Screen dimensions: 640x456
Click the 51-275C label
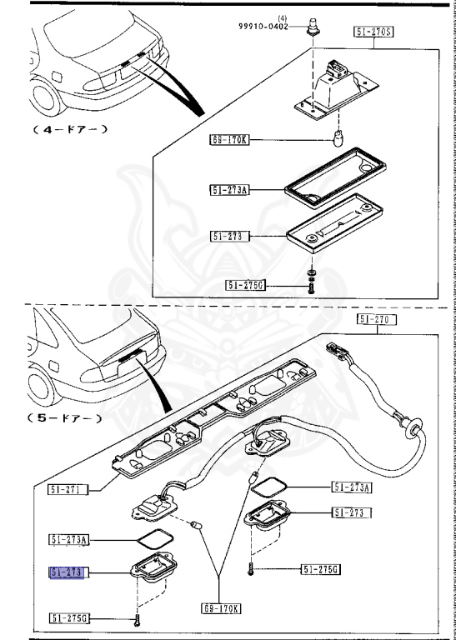click(x=245, y=285)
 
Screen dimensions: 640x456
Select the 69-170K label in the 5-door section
click(x=221, y=609)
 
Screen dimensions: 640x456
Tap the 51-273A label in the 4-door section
click(x=230, y=190)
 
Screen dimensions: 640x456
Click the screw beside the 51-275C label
click(x=310, y=287)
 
